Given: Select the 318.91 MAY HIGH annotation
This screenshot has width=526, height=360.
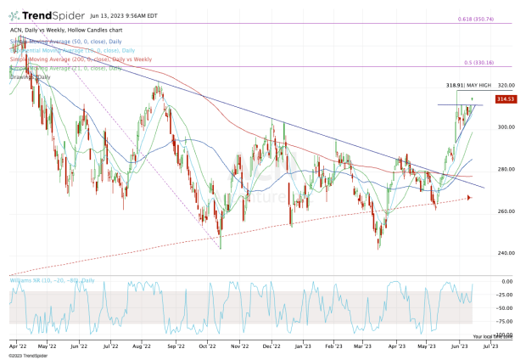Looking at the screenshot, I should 467,86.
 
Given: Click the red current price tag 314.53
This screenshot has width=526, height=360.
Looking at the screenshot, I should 506,99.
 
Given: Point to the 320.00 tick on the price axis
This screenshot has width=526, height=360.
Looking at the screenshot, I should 506,86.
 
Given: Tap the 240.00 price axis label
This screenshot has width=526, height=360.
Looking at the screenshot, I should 506,253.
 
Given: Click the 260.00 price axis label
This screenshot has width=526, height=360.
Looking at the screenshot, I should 506,211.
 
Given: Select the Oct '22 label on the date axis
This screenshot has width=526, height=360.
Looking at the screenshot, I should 205,346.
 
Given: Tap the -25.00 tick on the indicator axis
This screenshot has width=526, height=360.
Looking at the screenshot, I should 506,295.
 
